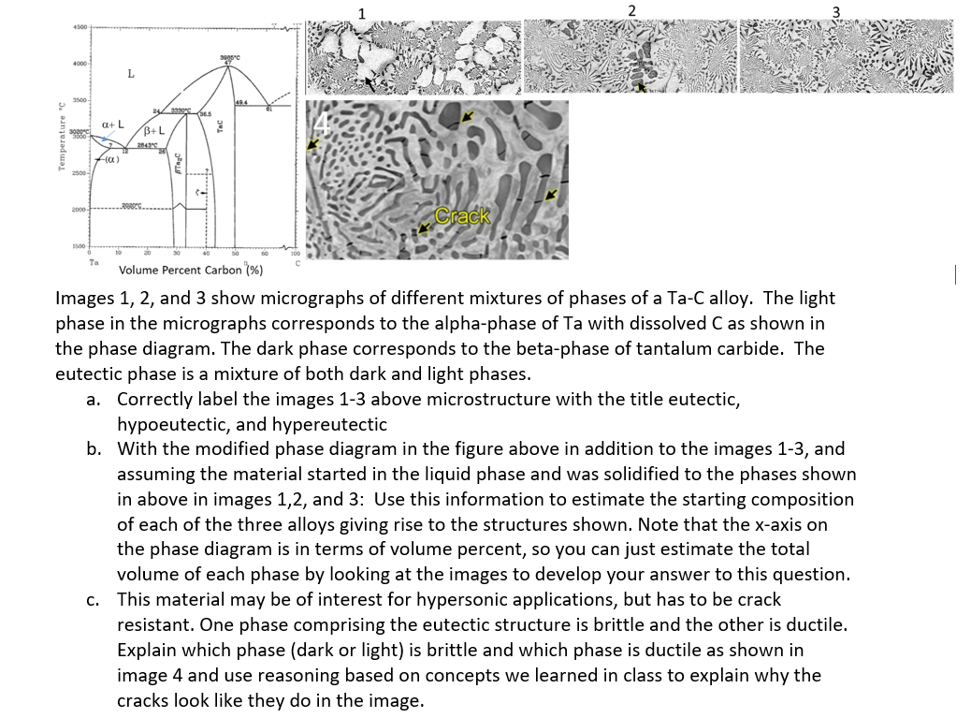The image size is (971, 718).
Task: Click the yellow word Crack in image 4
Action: [x=464, y=216]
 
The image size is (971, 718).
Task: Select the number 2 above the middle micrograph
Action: [x=631, y=10]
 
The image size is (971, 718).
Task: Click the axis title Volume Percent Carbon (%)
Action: [x=190, y=271]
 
